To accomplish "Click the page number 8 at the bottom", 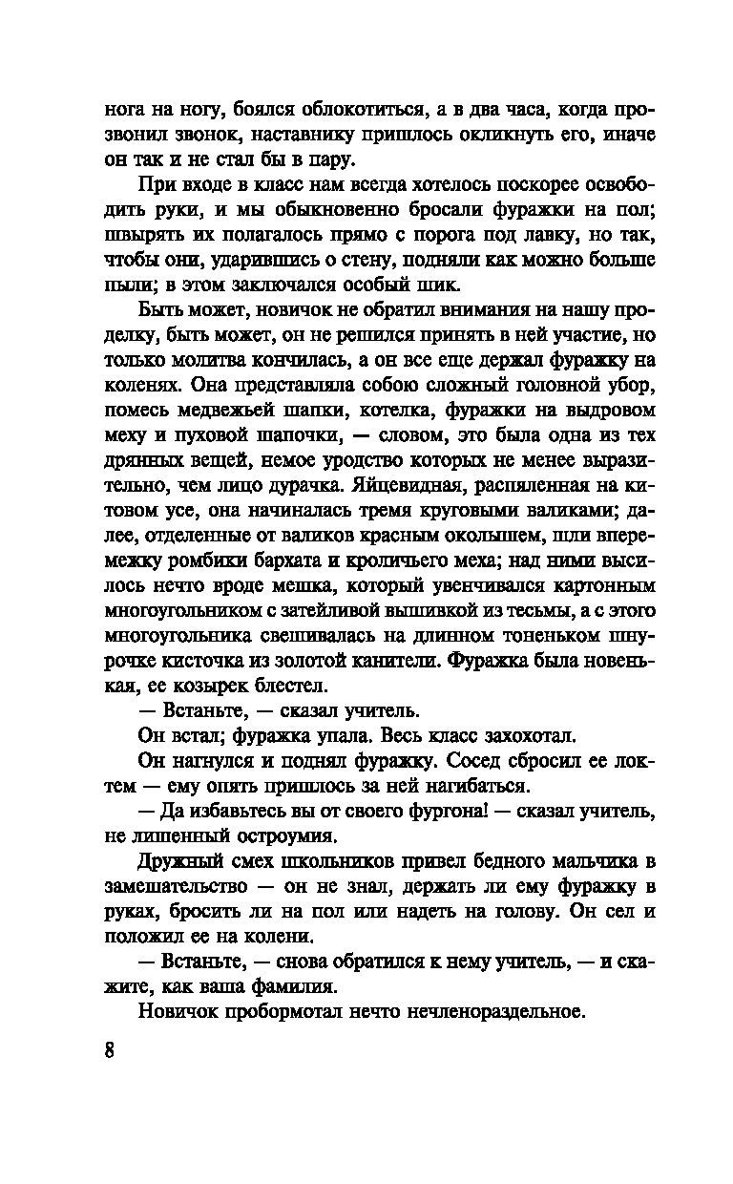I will (110, 1051).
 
